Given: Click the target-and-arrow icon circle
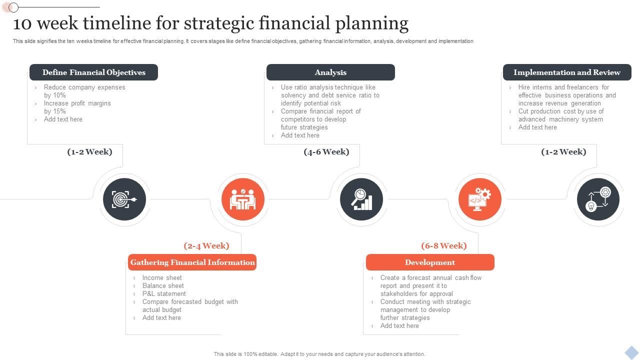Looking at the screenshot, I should (x=124, y=199).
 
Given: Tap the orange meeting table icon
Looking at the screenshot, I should (x=243, y=199).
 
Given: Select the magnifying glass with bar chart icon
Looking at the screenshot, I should (x=361, y=199).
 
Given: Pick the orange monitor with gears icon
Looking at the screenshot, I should (x=480, y=199).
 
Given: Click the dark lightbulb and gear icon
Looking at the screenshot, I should (x=598, y=199).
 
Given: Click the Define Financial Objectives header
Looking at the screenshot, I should (x=94, y=72).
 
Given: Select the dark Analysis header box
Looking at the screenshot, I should (x=330, y=72).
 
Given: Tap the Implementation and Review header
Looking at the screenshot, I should (x=567, y=72).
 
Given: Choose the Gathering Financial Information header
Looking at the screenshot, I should (x=192, y=262).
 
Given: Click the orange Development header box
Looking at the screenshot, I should (x=430, y=262).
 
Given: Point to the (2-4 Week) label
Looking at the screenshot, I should (x=206, y=246).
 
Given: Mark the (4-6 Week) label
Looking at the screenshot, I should (x=326, y=152).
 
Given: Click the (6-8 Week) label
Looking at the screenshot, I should (x=444, y=246).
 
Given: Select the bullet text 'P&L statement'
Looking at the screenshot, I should (x=164, y=294).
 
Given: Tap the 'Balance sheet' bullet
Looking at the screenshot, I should (x=163, y=286).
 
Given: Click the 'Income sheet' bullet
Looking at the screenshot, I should (x=162, y=278).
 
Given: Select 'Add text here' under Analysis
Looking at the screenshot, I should (x=300, y=135).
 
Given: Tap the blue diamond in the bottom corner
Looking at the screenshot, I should (x=631, y=352).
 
